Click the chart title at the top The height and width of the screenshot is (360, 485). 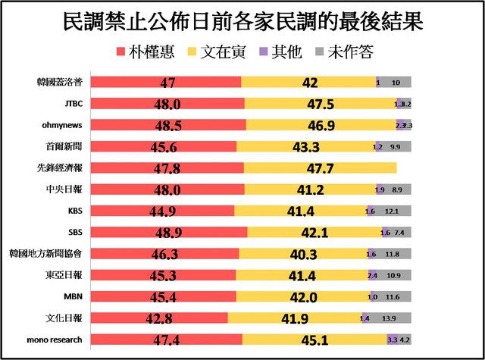[x=242, y=20]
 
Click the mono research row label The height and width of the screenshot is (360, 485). [x=62, y=339]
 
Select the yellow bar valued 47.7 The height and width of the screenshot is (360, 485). [x=321, y=167]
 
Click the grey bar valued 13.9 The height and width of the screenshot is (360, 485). [x=389, y=318]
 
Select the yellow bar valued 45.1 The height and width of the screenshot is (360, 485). [x=314, y=340]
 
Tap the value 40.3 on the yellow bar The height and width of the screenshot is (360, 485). [x=302, y=254]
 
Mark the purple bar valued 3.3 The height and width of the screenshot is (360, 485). [x=392, y=340]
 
